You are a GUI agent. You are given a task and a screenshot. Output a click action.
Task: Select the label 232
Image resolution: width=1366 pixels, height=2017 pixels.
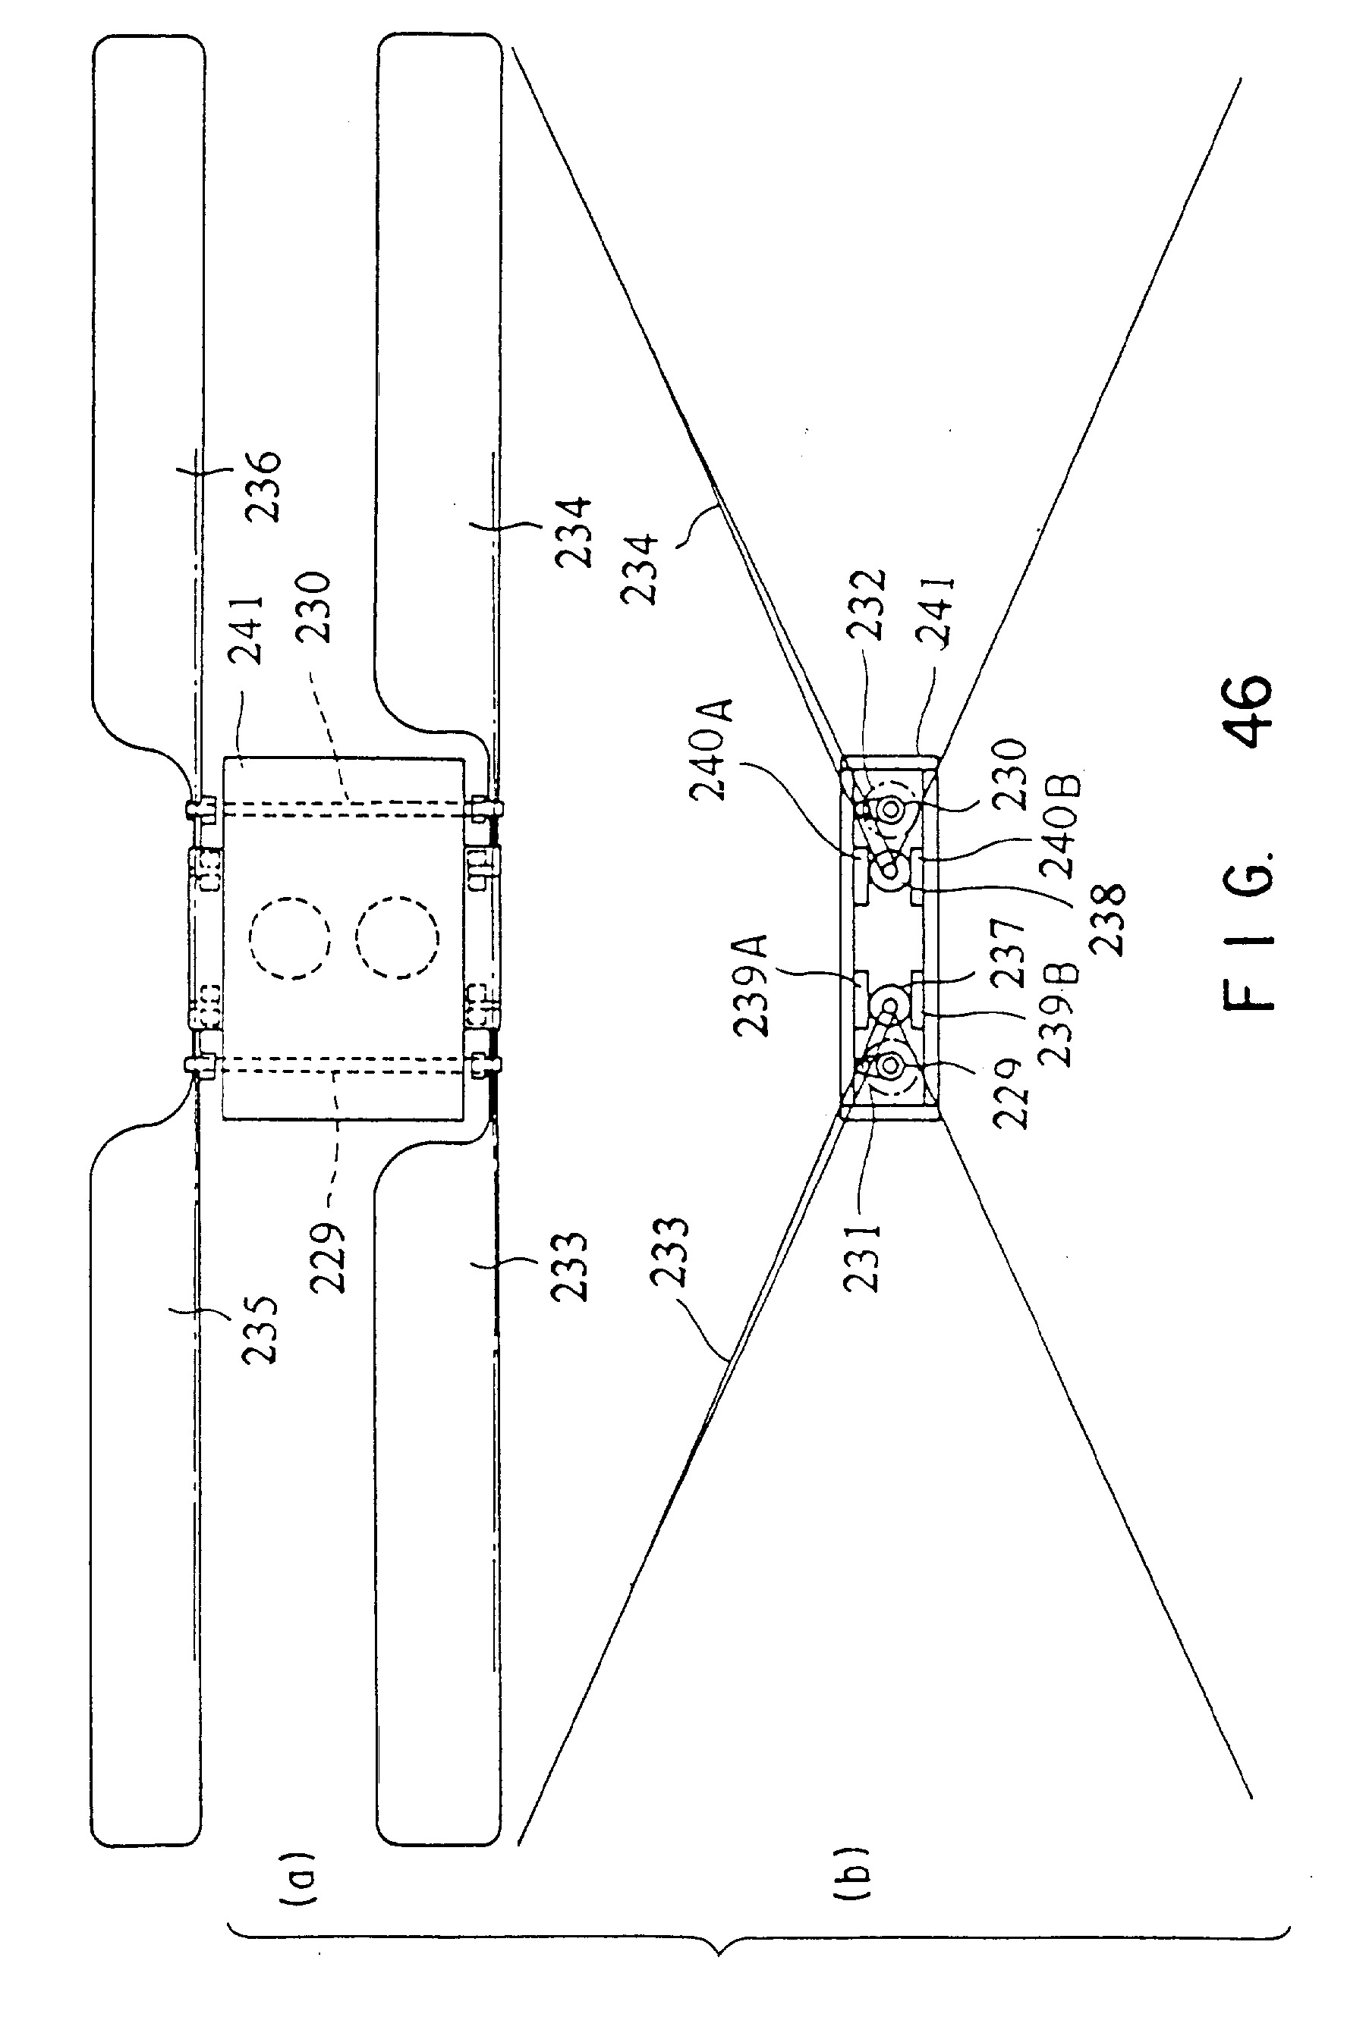click(x=867, y=605)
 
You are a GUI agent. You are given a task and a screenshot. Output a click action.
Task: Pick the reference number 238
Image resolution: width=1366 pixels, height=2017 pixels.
click(x=1109, y=918)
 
